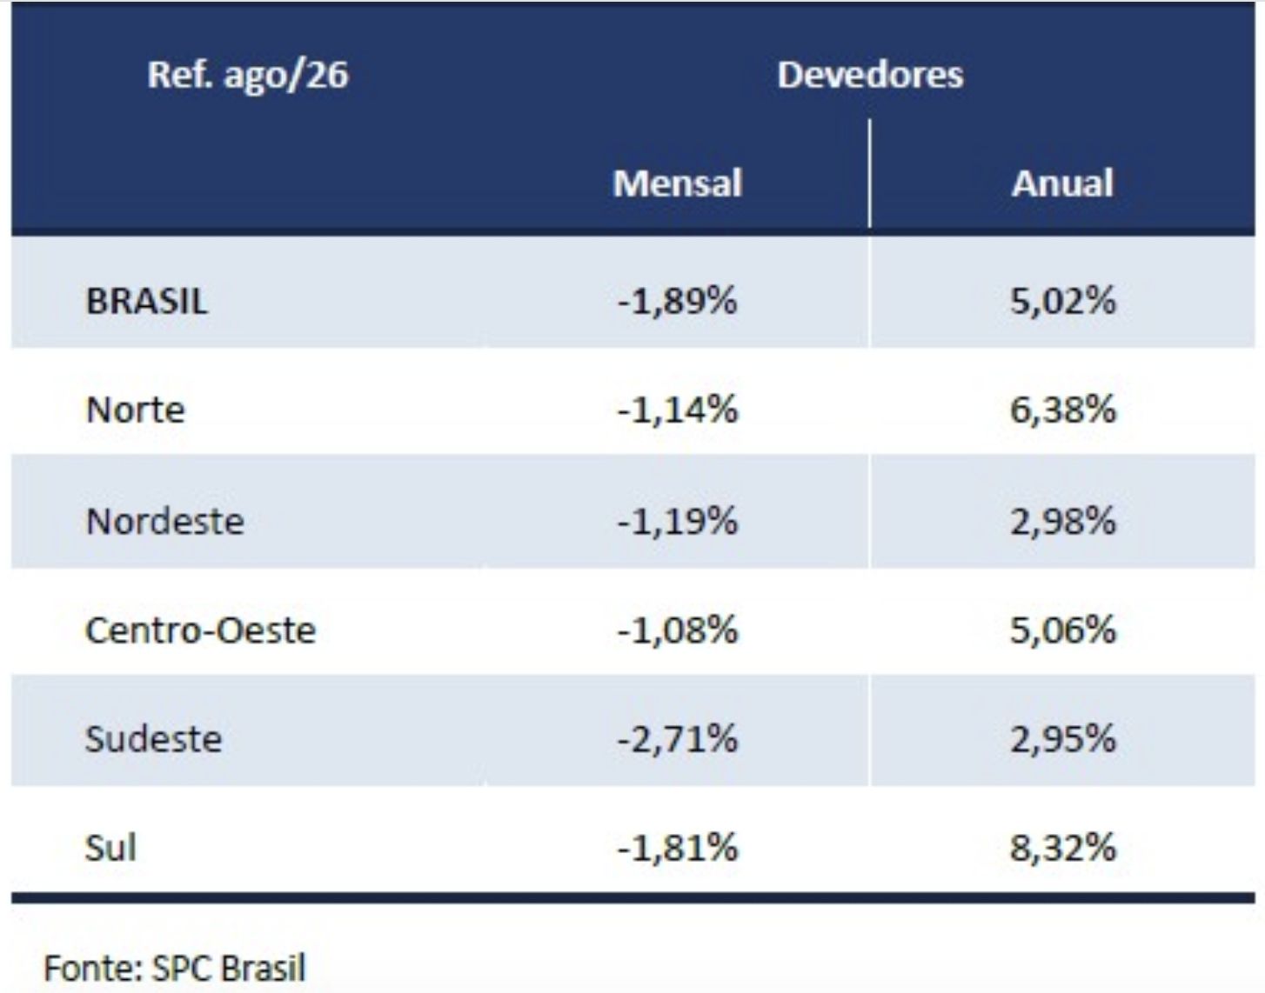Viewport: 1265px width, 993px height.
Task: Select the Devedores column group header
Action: pyautogui.click(x=870, y=75)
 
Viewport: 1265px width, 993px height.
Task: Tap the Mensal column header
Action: pyautogui.click(x=677, y=183)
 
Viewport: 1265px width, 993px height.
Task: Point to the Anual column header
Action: pyautogui.click(x=1061, y=183)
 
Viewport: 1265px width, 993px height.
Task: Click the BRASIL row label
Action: pyautogui.click(x=147, y=302)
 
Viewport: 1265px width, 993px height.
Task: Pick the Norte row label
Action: pyautogui.click(x=135, y=410)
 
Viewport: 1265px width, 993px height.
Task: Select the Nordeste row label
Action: pyautogui.click(x=164, y=520)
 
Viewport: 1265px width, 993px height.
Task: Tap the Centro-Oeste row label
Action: pyautogui.click(x=200, y=630)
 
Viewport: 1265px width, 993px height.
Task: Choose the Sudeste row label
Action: pyautogui.click(x=153, y=739)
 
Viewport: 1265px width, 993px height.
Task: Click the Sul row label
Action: pyautogui.click(x=110, y=847)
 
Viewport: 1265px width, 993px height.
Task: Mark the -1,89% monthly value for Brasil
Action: pyautogui.click(x=677, y=302)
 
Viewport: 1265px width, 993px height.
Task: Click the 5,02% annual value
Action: pyautogui.click(x=1063, y=302)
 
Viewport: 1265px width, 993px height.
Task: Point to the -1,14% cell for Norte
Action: pyautogui.click(x=677, y=410)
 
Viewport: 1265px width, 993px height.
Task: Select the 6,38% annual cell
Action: pyautogui.click(x=1063, y=410)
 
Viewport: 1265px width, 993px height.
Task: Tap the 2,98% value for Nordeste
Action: pyautogui.click(x=1063, y=520)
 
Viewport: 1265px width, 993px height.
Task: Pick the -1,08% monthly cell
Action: pyautogui.click(x=677, y=630)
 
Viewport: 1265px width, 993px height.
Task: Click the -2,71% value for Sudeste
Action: pyautogui.click(x=677, y=739)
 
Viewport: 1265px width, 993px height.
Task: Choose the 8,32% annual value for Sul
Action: pyautogui.click(x=1063, y=847)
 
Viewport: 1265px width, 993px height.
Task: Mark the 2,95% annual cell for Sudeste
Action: pyautogui.click(x=1063, y=739)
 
